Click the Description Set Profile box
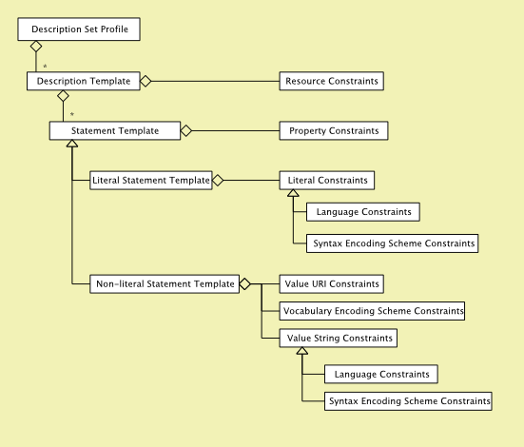(79, 29)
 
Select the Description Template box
(84, 81)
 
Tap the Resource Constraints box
(332, 81)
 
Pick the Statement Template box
(115, 130)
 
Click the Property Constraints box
(334, 130)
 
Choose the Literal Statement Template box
(151, 181)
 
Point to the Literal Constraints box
(327, 181)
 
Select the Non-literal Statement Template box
(165, 284)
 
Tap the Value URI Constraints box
(332, 284)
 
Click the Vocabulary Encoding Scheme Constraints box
(372, 311)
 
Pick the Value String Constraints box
(339, 338)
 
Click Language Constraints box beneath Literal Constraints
(363, 212)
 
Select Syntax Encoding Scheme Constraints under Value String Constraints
(408, 401)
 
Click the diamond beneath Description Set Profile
(36, 47)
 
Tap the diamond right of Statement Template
(186, 130)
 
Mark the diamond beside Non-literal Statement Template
(245, 284)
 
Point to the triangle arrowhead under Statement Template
(72, 144)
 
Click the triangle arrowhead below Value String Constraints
(302, 351)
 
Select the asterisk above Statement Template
(72, 114)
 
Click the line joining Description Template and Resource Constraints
(215, 81)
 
